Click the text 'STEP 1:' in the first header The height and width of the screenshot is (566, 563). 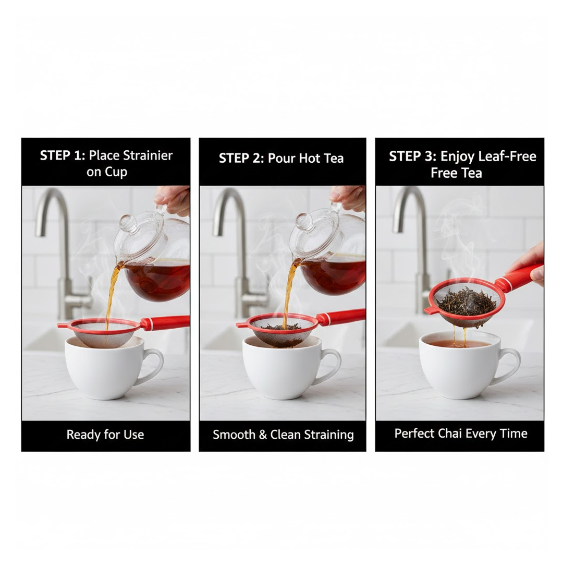(63, 155)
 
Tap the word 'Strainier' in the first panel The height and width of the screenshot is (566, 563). (146, 155)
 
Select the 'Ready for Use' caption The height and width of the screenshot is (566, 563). (105, 435)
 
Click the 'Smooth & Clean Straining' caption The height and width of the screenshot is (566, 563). (283, 435)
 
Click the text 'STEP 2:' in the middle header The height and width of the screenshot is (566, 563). (241, 159)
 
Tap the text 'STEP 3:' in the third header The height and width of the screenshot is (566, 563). (412, 156)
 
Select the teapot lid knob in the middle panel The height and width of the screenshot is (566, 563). (304, 222)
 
